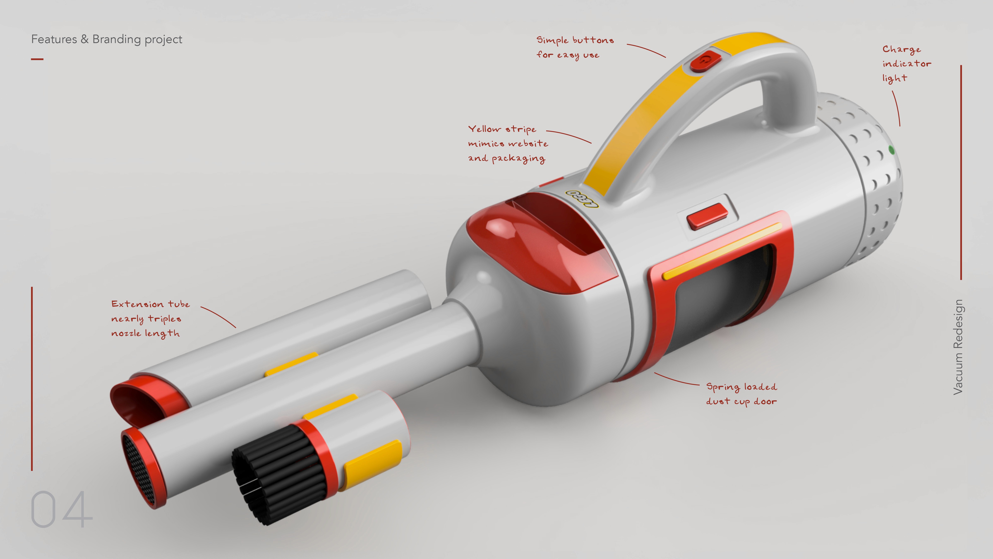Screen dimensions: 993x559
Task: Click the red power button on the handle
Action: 705,61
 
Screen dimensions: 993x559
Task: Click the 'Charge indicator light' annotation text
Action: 906,64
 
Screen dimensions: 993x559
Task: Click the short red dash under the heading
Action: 37,59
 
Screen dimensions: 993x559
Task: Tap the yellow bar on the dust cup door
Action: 721,251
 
